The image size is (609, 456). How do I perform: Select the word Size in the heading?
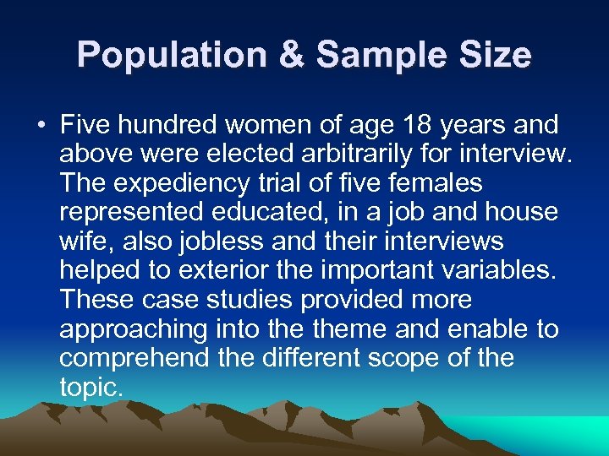coord(495,56)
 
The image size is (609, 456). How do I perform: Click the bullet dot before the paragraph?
coord(41,126)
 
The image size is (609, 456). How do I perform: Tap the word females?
coord(433,183)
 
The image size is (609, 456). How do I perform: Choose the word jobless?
coord(214,242)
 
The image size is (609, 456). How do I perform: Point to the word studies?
coord(234,300)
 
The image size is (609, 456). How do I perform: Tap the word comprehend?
coord(130,358)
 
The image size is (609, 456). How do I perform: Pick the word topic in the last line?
coord(91,387)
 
